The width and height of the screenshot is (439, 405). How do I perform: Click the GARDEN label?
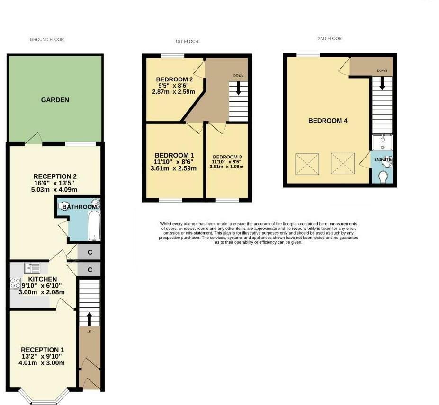click(55, 100)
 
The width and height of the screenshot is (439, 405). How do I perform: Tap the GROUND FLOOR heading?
click(47, 40)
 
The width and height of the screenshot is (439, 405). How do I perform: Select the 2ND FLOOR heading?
click(330, 39)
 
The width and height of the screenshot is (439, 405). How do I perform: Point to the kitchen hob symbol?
click(13, 283)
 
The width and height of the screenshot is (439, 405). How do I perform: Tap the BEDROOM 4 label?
click(328, 121)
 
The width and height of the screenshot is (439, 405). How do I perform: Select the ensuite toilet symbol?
click(384, 176)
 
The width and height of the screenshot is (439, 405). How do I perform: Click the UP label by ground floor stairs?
click(89, 332)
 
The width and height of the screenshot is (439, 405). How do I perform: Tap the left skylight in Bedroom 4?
click(306, 163)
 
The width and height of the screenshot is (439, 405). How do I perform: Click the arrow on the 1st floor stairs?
click(238, 88)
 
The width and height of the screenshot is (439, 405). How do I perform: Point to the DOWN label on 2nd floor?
click(382, 70)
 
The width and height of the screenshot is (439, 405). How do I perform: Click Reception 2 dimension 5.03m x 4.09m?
click(55, 189)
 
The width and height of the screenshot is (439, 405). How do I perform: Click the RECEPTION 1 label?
click(42, 350)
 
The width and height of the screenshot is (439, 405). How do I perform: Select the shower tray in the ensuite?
click(382, 142)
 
